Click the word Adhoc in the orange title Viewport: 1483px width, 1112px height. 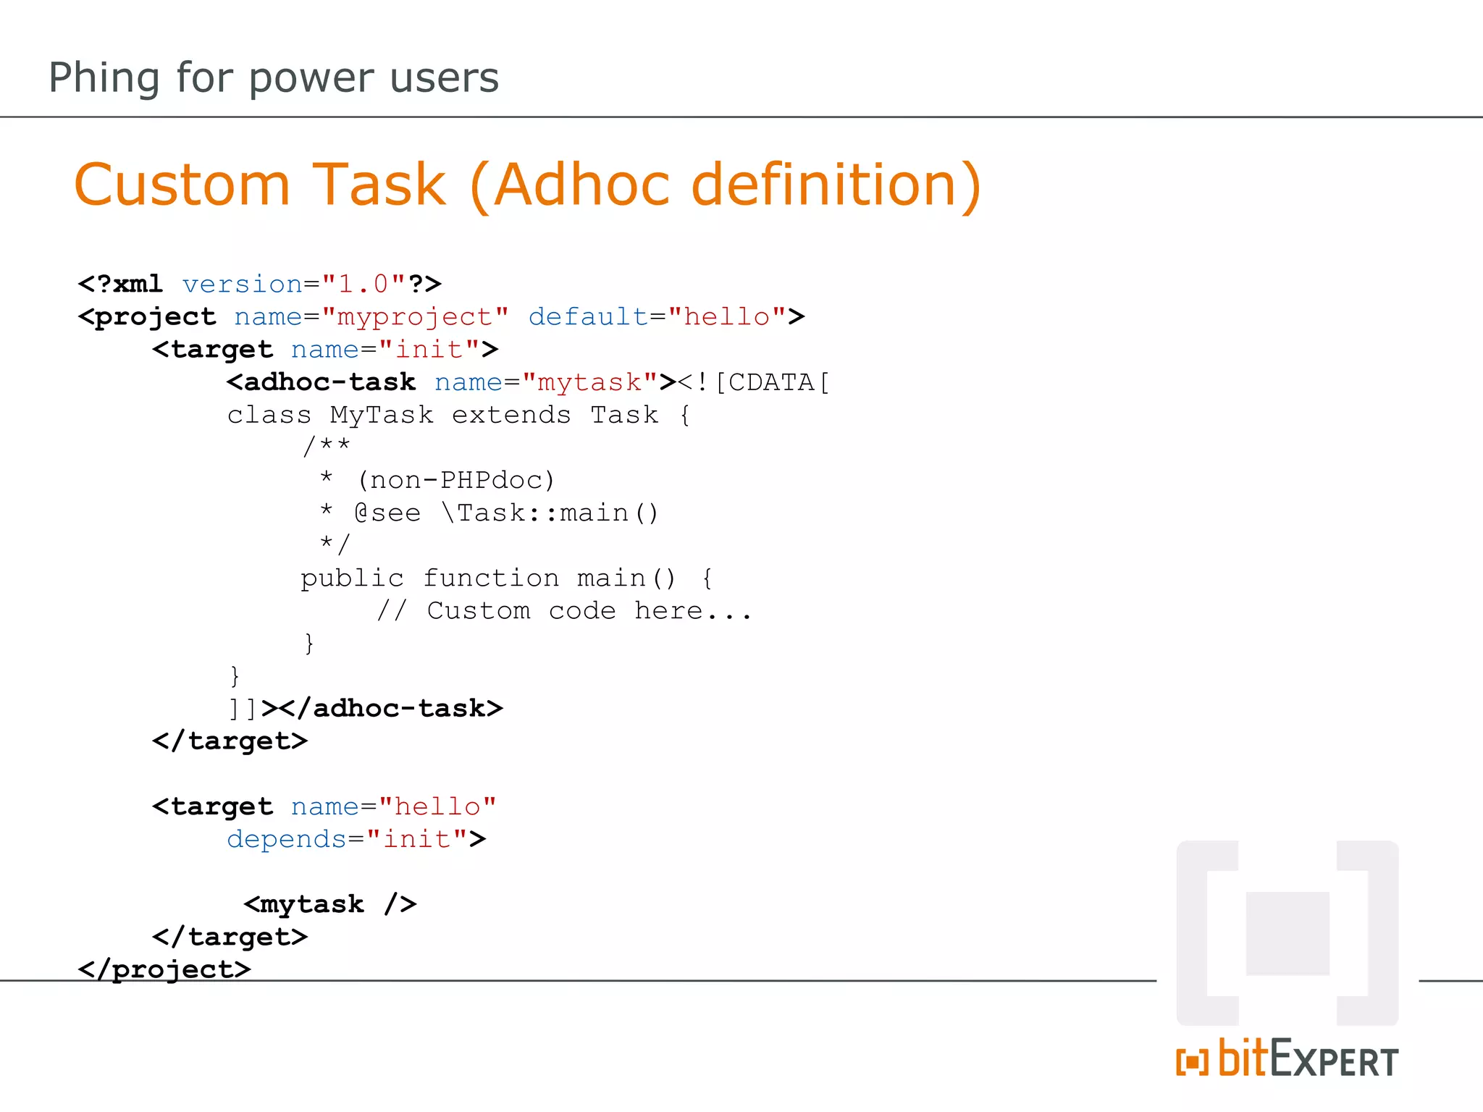[584, 185]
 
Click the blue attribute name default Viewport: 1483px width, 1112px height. [588, 316]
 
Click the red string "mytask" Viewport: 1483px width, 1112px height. [589, 382]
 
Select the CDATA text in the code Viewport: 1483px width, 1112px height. [770, 382]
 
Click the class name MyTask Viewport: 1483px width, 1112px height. [382, 415]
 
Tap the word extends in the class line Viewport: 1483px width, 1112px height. [511, 415]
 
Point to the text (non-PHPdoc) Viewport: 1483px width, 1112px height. [456, 480]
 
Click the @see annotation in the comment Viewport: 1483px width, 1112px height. [387, 513]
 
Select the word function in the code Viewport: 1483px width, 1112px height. [491, 578]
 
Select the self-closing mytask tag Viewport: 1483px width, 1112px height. [330, 903]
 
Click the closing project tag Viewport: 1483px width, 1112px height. [164, 969]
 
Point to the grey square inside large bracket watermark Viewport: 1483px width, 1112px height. [1287, 933]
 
